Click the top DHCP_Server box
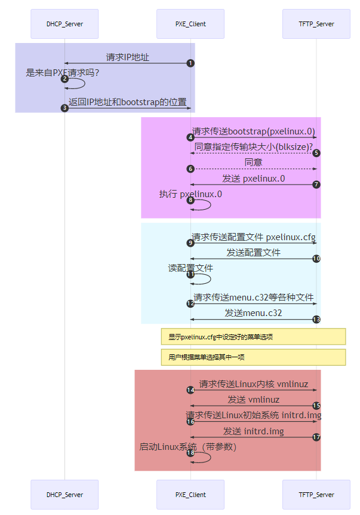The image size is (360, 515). tap(64, 24)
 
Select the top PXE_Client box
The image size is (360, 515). tap(190, 24)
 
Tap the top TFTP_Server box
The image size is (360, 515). tap(316, 24)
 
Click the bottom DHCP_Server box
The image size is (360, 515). tap(64, 495)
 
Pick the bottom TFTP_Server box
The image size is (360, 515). tap(316, 495)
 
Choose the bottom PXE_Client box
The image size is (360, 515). tap(190, 495)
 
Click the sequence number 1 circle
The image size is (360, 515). tap(190, 63)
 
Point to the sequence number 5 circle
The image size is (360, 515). tap(316, 153)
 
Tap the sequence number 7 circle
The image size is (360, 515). tap(316, 185)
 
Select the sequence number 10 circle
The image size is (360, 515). tap(316, 259)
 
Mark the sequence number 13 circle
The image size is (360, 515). tap(316, 320)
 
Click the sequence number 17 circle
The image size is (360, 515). tap(316, 437)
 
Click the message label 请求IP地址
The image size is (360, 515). tap(128, 57)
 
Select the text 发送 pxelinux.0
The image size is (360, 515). tap(253, 179)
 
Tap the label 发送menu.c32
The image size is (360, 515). tap(253, 312)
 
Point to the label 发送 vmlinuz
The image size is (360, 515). tap(253, 399)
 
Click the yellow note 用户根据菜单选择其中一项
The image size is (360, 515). tap(253, 357)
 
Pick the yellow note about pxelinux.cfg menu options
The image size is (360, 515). tap(253, 337)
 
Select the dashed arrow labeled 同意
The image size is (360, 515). tap(253, 169)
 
